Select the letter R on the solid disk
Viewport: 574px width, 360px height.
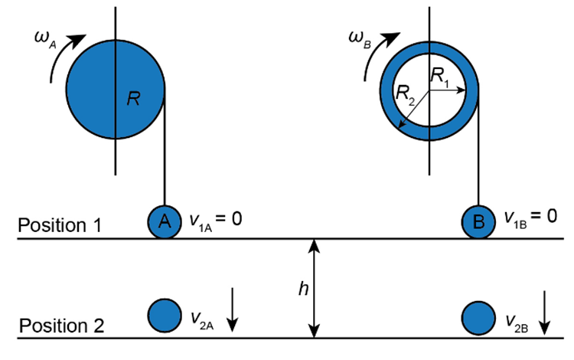click(x=132, y=99)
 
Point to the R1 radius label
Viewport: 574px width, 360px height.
click(x=442, y=75)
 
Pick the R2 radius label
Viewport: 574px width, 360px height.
click(x=405, y=94)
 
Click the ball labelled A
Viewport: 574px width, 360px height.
click(x=164, y=221)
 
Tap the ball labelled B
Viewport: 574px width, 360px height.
click(x=478, y=222)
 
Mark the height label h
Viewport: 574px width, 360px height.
click(x=301, y=288)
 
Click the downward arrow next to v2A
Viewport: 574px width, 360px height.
click(x=233, y=313)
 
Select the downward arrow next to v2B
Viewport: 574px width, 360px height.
click(x=546, y=313)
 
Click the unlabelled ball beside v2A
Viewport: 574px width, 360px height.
click(x=164, y=315)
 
